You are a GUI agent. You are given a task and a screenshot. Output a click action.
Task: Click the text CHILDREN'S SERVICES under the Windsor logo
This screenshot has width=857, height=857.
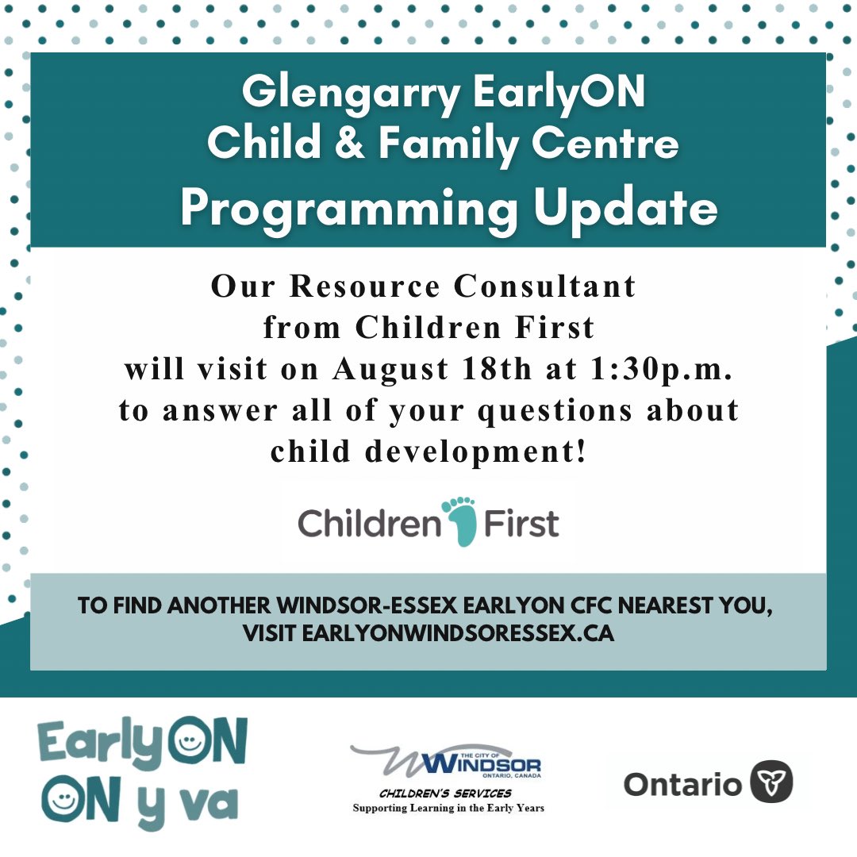445,794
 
